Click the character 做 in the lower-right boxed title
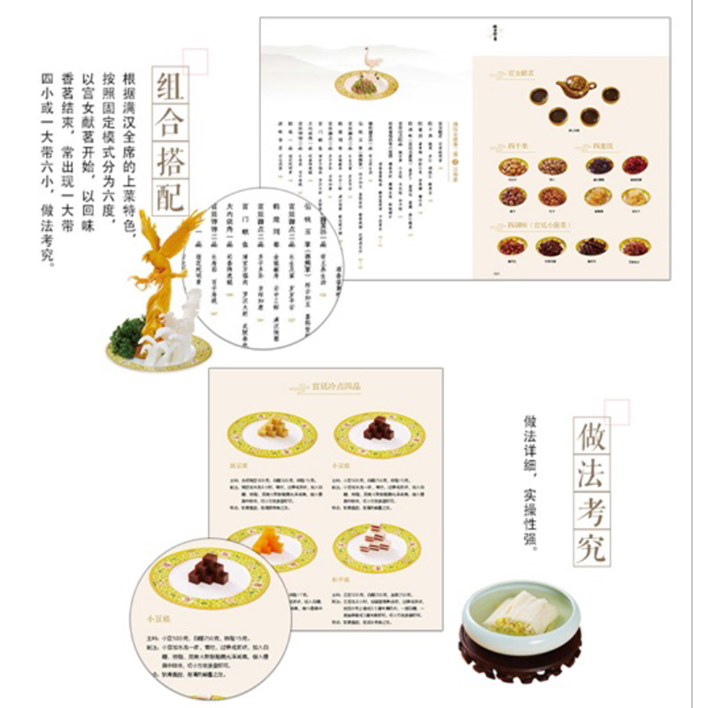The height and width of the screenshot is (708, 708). click(591, 436)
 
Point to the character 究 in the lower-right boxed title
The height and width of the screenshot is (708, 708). click(591, 546)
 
